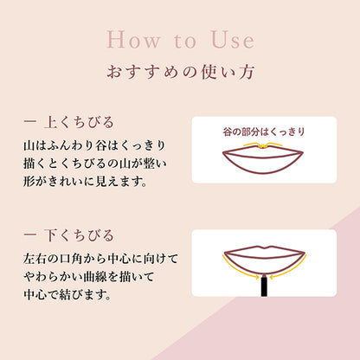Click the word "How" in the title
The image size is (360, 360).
130,42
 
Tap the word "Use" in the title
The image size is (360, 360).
229,42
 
